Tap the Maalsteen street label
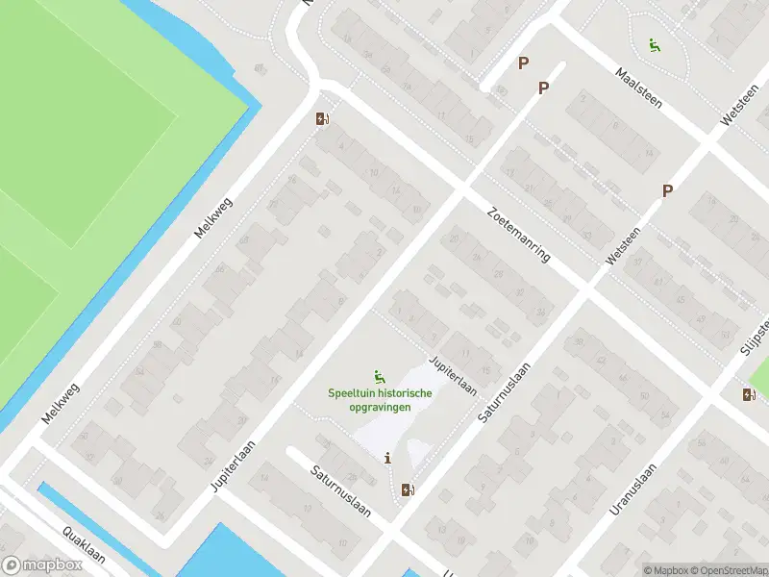pyautogui.click(x=639, y=88)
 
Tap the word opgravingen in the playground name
pyautogui.click(x=380, y=407)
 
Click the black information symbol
pyautogui.click(x=388, y=458)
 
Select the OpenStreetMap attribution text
pyautogui.click(x=729, y=570)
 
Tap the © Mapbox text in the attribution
pyautogui.click(x=665, y=570)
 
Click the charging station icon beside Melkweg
pyautogui.click(x=322, y=119)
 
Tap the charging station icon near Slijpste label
pyautogui.click(x=750, y=394)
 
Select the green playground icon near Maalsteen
pyautogui.click(x=654, y=43)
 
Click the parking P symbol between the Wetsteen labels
pyautogui.click(x=667, y=191)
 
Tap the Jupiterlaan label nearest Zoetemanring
pyautogui.click(x=454, y=375)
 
